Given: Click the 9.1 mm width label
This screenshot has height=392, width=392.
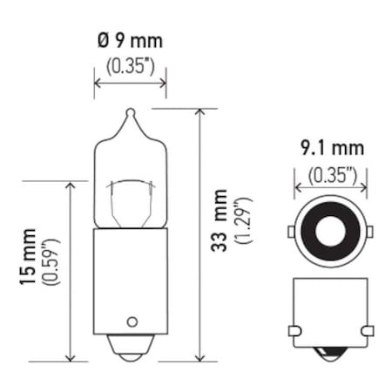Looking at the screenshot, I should (331, 148).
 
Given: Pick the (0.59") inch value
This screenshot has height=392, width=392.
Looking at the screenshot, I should (51, 267).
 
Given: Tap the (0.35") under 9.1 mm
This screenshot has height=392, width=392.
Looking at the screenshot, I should (331, 172).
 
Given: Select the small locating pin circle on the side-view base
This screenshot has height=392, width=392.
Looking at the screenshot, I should (132, 320).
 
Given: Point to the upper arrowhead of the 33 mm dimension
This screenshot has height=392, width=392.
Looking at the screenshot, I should (199, 112).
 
